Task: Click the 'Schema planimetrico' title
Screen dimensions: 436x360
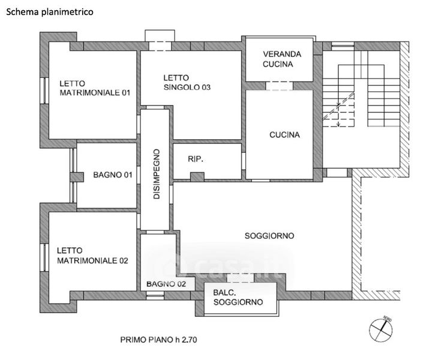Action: [x=50, y=12]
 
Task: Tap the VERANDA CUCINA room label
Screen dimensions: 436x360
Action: [x=282, y=59]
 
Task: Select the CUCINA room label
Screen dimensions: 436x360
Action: [x=284, y=135]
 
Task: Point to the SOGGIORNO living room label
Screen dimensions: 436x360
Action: [x=269, y=236]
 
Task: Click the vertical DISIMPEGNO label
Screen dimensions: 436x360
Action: [x=157, y=174]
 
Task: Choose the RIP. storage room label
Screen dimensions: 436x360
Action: [x=196, y=159]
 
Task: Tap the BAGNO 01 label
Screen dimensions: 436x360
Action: [x=112, y=175]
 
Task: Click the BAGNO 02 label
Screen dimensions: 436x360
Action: [x=166, y=284]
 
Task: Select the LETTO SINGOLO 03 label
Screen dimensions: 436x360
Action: [x=187, y=83]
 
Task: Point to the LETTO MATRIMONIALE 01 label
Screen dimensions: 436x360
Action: [x=95, y=88]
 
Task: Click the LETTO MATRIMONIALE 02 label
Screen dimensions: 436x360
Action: [x=92, y=256]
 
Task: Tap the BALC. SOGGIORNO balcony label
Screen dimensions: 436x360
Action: [x=238, y=298]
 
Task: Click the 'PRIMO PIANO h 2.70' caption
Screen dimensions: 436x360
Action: [x=158, y=340]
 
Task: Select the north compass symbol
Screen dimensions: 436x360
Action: [x=381, y=329]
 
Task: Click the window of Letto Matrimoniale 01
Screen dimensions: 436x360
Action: [x=44, y=91]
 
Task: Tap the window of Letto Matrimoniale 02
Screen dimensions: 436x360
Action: [x=44, y=257]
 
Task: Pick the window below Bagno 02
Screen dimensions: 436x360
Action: [x=155, y=295]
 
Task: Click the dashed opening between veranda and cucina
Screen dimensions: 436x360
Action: [x=279, y=86]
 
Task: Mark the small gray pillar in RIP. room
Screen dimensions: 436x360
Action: [x=197, y=177]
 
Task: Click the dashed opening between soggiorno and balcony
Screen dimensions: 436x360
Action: [x=240, y=278]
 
